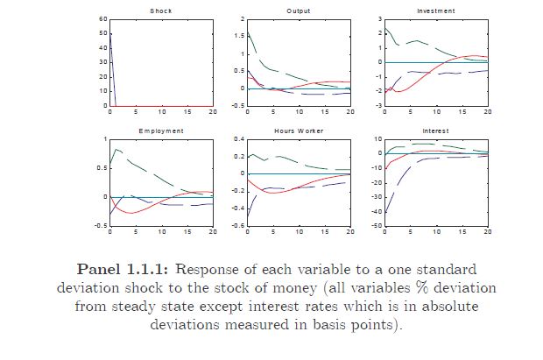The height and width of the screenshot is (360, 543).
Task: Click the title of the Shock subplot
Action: tap(161, 11)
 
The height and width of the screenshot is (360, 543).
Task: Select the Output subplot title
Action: tap(299, 11)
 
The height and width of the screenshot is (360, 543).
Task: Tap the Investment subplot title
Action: tap(436, 11)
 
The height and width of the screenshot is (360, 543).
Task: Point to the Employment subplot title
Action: tap(161, 131)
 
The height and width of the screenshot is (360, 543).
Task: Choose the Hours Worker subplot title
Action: tap(299, 131)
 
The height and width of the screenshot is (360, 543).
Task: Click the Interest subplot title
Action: tap(436, 131)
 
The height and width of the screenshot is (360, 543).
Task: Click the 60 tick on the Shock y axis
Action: tap(103, 18)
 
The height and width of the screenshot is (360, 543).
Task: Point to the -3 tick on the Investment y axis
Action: tap(380, 105)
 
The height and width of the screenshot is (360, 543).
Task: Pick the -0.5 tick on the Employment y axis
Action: tap(101, 226)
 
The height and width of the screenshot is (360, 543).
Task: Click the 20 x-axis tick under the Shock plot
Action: tap(213, 112)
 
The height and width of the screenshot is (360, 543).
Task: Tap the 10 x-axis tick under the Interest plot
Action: tap(436, 232)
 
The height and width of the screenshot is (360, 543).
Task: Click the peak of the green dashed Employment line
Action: tap(116, 150)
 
